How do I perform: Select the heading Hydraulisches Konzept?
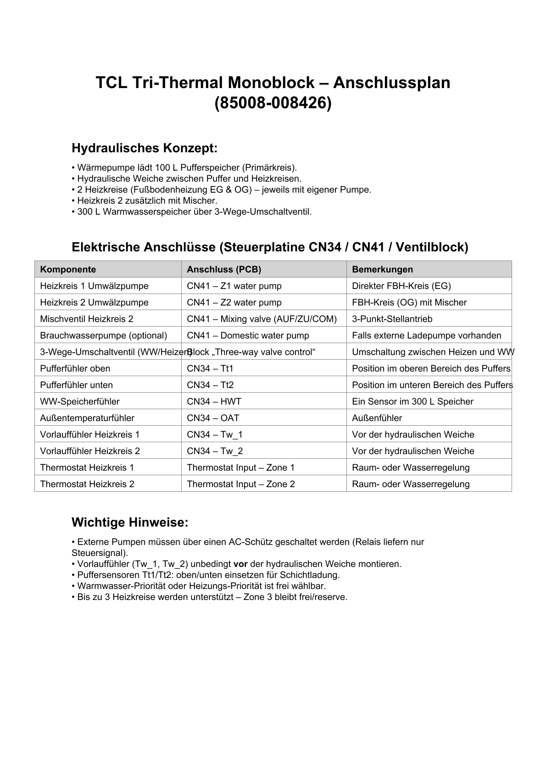pyautogui.click(x=145, y=149)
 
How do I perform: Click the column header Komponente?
pyautogui.click(x=68, y=269)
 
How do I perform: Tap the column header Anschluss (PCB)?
pyautogui.click(x=224, y=269)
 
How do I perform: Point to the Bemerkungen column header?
pyautogui.click(x=382, y=269)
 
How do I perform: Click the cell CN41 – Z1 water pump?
pyautogui.click(x=234, y=286)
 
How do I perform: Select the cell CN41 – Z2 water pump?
pyautogui.click(x=234, y=302)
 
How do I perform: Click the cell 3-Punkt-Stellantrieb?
pyautogui.click(x=392, y=319)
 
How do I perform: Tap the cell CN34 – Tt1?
pyautogui.click(x=210, y=368)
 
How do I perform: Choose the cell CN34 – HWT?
pyautogui.click(x=214, y=401)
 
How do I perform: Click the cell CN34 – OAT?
pyautogui.click(x=213, y=418)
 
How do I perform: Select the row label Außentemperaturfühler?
pyautogui.click(x=87, y=418)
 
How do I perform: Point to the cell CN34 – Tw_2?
pyautogui.click(x=215, y=451)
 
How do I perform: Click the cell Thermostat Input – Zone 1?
pyautogui.click(x=240, y=467)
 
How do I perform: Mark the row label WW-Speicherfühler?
pyautogui.click(x=80, y=401)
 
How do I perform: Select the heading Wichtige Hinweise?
pyautogui.click(x=130, y=522)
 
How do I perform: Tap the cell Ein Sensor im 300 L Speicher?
pyautogui.click(x=412, y=401)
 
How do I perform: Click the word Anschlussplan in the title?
pyautogui.click(x=391, y=83)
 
